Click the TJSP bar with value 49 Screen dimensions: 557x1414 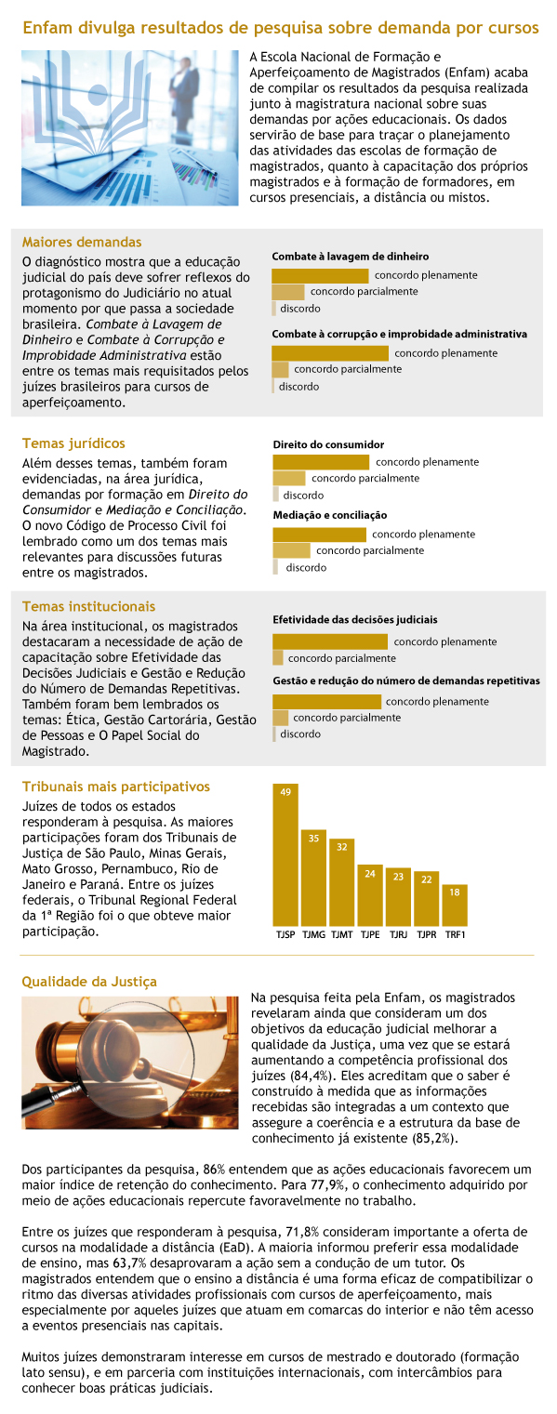pos(285,854)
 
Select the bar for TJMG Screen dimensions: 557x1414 pos(313,878)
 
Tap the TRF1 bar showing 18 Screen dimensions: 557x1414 pos(455,905)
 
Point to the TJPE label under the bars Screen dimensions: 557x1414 pos(370,934)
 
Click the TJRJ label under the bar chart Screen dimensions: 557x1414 pos(399,934)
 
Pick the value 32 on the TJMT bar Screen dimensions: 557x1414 pos(341,847)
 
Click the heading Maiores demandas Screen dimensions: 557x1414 pos(82,242)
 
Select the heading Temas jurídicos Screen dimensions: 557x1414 pos(73,443)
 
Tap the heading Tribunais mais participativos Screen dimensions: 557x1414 pos(116,786)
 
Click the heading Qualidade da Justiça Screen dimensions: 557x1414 pos(89,982)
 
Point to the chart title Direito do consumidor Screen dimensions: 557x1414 pos(328,444)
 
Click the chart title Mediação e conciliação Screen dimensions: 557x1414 pos(330,515)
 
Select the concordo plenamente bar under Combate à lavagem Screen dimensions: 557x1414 pos(320,276)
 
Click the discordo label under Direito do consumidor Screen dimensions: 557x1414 pos(303,496)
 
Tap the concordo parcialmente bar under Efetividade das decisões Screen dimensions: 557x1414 pos(278,658)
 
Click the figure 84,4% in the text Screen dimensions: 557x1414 pos(308,1076)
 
